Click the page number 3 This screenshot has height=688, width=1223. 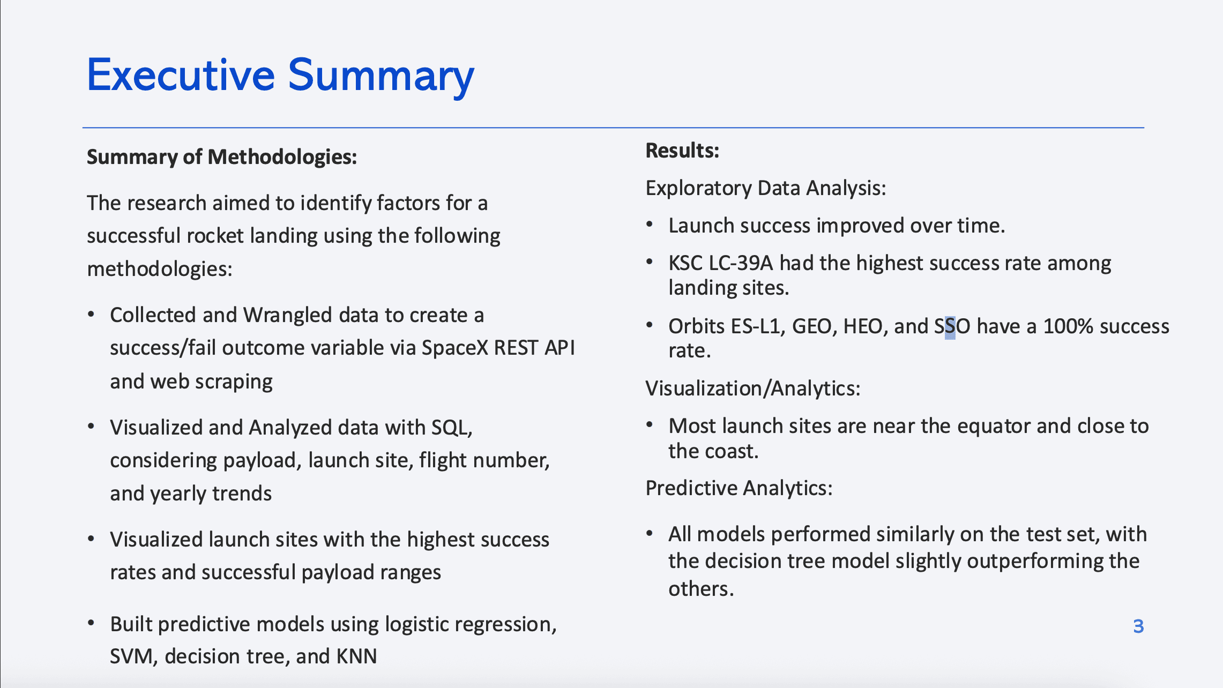(x=1138, y=626)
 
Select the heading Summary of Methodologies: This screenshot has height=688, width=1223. (x=222, y=157)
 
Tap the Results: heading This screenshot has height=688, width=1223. (x=682, y=151)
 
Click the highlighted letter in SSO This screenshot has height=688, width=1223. (x=950, y=326)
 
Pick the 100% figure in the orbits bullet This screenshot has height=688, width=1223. (x=1068, y=326)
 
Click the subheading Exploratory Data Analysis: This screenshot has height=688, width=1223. (x=766, y=188)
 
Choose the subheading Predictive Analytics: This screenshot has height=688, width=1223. (x=739, y=488)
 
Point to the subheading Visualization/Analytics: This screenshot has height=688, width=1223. (x=753, y=388)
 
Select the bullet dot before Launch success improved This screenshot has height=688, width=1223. (x=650, y=225)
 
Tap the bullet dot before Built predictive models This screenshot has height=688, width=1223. (x=91, y=623)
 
